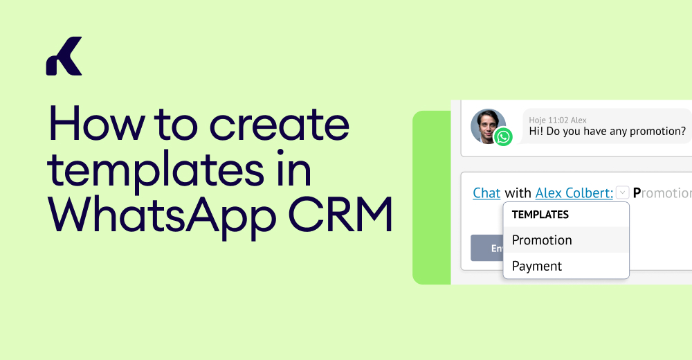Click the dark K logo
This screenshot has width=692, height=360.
(x=64, y=56)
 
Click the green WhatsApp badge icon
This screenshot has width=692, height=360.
(x=504, y=137)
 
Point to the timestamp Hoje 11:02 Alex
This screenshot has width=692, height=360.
(x=558, y=120)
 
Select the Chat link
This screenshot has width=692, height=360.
(x=486, y=193)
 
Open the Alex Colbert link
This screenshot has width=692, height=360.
(x=574, y=193)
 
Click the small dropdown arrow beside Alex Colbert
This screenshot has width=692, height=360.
(x=621, y=192)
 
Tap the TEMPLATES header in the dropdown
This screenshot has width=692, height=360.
(x=540, y=215)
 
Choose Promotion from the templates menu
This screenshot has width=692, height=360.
(x=542, y=240)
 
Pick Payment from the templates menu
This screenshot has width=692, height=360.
(x=537, y=266)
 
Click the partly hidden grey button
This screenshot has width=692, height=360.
(x=486, y=248)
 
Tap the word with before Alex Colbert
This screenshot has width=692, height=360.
(x=518, y=193)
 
